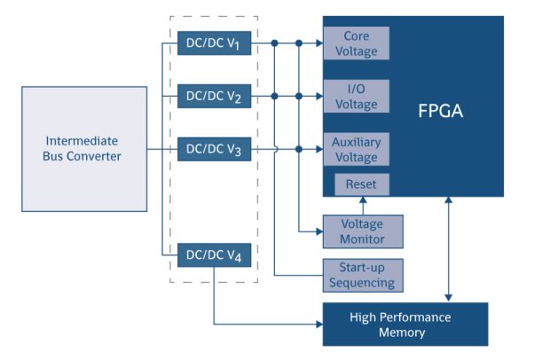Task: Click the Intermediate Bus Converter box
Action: [x=83, y=149]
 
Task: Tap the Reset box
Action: [x=361, y=184]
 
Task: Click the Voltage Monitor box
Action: [x=362, y=231]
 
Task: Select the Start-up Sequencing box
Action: [x=362, y=276]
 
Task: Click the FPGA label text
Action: [x=441, y=112]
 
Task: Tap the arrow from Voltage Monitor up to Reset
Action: [x=361, y=207]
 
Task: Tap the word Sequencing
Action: [x=362, y=284]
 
